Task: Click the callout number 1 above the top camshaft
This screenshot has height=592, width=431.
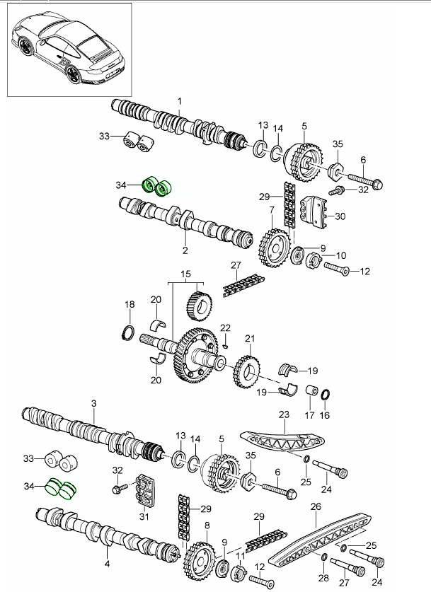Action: (180, 101)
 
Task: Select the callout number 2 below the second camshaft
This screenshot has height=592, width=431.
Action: (185, 250)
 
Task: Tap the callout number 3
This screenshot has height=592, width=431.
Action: (93, 403)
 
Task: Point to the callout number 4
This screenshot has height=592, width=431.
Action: (107, 564)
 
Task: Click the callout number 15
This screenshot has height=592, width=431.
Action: (185, 274)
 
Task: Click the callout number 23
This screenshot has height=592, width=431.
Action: (285, 415)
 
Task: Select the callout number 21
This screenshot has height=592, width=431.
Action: (248, 339)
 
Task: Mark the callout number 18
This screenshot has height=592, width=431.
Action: (130, 305)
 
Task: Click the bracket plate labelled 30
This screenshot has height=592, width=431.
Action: (315, 211)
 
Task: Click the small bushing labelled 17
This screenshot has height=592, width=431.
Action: (309, 390)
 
